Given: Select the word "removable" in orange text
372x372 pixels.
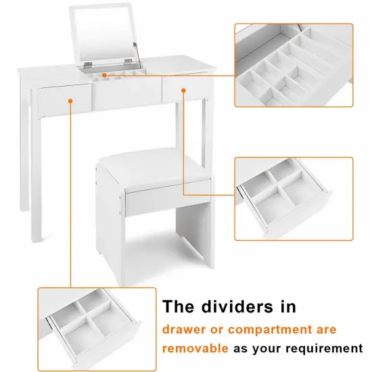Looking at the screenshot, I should pyautogui.click(x=195, y=348).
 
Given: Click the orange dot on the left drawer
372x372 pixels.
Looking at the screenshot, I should pyautogui.click(x=71, y=101).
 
